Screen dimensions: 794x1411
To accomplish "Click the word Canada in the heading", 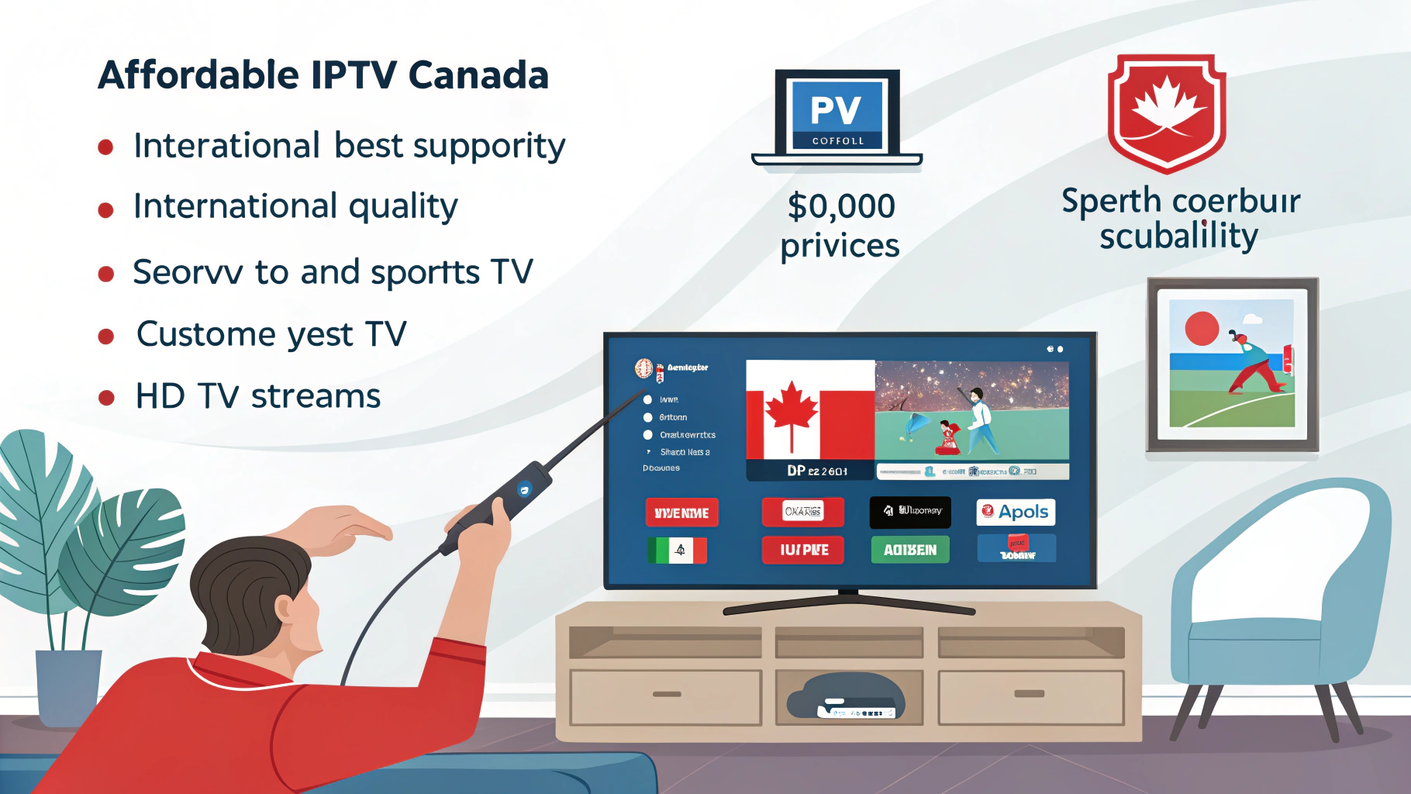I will tap(478, 75).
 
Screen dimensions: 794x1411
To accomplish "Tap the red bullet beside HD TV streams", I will tap(106, 398).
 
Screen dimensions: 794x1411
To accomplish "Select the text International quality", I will tap(295, 206).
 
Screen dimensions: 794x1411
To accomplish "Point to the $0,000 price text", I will tap(841, 206).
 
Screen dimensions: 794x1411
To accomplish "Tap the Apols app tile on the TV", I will tap(1016, 512).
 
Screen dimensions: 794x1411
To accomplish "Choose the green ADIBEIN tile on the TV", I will tap(910, 550).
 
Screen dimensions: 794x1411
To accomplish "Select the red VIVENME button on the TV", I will tap(681, 513).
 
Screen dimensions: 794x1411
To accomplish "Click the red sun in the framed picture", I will tap(1202, 329).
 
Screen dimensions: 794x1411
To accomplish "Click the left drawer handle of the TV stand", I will tap(667, 694).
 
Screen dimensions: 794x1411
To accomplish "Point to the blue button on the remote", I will tap(525, 488).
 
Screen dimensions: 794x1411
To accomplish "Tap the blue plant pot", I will tap(68, 686).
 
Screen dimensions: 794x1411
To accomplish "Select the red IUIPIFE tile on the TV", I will tap(803, 550).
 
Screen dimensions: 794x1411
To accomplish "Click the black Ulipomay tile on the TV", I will tap(910, 511).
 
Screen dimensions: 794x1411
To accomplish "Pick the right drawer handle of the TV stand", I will tap(1029, 694).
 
